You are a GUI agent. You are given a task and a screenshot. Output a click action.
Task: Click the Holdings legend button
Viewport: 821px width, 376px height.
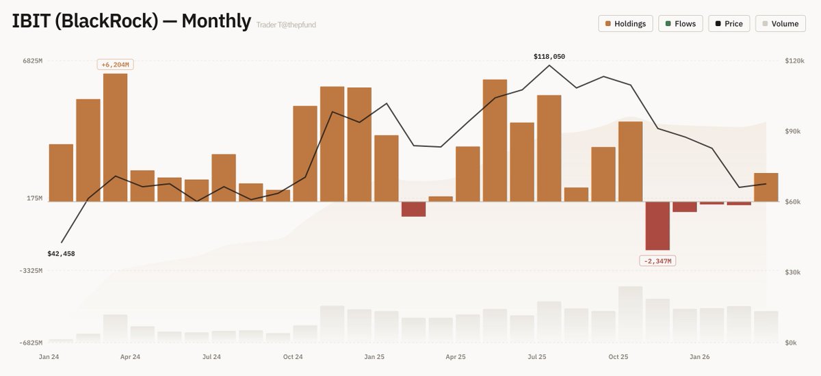point(625,24)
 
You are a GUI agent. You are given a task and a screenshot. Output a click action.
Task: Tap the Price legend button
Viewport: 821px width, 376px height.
point(729,24)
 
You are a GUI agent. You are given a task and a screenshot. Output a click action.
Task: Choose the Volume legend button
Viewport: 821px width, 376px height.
point(780,24)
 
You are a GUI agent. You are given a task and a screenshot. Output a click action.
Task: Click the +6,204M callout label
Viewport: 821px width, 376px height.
point(115,65)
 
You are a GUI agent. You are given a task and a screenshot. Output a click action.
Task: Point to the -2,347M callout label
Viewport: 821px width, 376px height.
point(657,261)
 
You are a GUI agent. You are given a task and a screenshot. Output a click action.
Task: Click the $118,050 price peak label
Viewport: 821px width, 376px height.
point(549,57)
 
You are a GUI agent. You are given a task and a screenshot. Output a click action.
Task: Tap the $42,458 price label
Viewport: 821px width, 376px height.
point(61,254)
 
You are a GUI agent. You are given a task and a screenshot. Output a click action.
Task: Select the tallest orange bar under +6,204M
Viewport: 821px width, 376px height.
point(115,137)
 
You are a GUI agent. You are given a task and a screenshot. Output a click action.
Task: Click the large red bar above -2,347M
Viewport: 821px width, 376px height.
point(657,226)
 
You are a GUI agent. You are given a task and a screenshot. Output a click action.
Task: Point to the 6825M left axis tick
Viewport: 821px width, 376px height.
point(33,62)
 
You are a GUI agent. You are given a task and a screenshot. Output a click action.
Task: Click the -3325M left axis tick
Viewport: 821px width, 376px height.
point(31,271)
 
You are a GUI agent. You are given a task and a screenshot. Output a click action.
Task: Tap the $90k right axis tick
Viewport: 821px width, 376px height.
point(794,131)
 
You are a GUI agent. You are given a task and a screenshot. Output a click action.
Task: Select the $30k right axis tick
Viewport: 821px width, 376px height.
point(794,272)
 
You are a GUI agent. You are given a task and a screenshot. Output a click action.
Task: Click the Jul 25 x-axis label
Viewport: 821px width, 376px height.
point(537,357)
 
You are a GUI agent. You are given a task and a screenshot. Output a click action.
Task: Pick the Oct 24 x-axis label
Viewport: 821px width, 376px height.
point(293,357)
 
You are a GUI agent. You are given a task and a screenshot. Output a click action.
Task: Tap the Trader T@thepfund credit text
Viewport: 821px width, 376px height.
point(286,25)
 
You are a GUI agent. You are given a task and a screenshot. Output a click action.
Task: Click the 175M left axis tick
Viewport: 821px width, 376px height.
point(34,198)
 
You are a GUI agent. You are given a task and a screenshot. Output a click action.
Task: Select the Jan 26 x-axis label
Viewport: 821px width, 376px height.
point(700,357)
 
